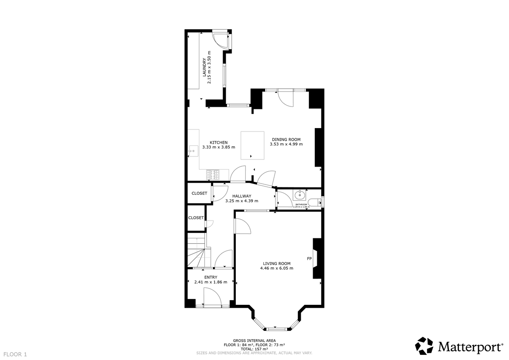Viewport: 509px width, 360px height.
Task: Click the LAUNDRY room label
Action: (x=204, y=67)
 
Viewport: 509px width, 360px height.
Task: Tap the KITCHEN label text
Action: (x=219, y=142)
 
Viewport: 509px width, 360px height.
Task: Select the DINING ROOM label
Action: (x=286, y=139)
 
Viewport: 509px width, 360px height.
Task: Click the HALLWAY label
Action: (x=242, y=196)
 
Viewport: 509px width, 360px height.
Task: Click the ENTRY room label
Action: (x=210, y=277)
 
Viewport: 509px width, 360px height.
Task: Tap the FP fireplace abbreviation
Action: (x=309, y=259)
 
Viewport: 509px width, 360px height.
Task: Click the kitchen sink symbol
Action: (x=193, y=150)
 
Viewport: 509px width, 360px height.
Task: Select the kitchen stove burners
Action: (x=213, y=174)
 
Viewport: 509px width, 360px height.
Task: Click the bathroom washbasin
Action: (x=299, y=195)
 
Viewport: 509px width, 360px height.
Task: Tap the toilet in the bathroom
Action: (x=314, y=202)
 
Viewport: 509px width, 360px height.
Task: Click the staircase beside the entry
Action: (x=197, y=253)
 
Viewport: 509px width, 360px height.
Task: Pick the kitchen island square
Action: (x=252, y=145)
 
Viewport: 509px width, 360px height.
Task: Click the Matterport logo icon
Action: (x=424, y=346)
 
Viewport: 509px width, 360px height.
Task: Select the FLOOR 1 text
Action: (x=15, y=354)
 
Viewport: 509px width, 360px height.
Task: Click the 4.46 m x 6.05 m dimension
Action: (x=277, y=268)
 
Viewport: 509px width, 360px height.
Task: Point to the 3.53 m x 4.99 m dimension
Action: (x=286, y=144)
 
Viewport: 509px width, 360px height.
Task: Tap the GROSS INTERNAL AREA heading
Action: (x=255, y=340)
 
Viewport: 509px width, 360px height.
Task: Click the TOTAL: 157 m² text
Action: (x=255, y=349)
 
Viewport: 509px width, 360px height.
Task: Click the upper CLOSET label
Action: (x=199, y=193)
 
